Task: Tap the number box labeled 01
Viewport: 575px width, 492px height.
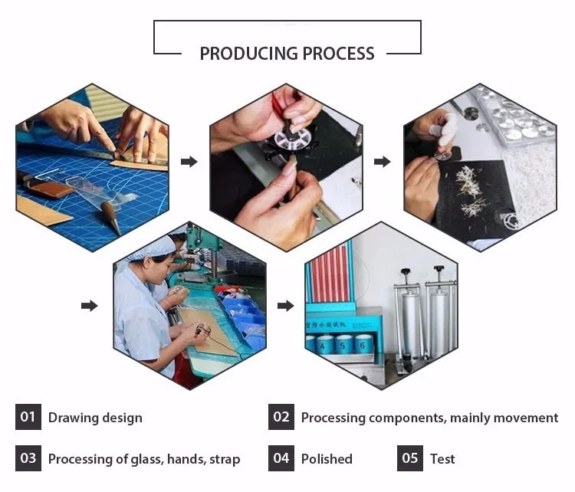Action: pyautogui.click(x=28, y=417)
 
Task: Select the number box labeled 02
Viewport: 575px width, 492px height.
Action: pyautogui.click(x=281, y=417)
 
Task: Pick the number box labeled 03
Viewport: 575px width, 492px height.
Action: pyautogui.click(x=28, y=458)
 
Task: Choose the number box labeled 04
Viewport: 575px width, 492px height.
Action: pyautogui.click(x=281, y=458)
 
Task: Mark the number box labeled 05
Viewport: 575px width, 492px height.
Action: pyautogui.click(x=410, y=458)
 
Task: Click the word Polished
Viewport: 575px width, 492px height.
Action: pyautogui.click(x=327, y=459)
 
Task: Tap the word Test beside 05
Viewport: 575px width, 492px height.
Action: pyautogui.click(x=442, y=459)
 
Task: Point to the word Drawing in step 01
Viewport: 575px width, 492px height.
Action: pyautogui.click(x=72, y=418)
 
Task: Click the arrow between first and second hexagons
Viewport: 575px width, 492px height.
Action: pyautogui.click(x=189, y=162)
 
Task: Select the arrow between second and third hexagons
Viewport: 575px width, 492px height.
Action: pyautogui.click(x=382, y=162)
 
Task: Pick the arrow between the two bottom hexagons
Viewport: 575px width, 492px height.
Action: pyautogui.click(x=285, y=306)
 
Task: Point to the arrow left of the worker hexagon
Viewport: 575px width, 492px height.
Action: pyautogui.click(x=90, y=306)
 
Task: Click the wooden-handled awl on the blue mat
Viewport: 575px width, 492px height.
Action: pyautogui.click(x=110, y=215)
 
